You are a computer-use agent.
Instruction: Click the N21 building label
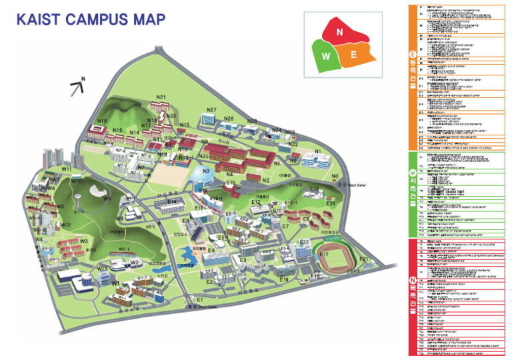pyautogui.click(x=161, y=98)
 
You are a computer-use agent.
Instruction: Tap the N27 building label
pyautogui.click(x=212, y=110)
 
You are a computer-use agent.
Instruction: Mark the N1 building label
pyautogui.click(x=318, y=151)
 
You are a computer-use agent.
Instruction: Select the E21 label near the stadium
pyautogui.click(x=364, y=259)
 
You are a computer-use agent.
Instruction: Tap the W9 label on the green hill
pyautogui.click(x=107, y=198)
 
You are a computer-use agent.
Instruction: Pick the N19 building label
pyautogui.click(x=101, y=121)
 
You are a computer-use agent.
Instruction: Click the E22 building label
pyautogui.click(x=304, y=242)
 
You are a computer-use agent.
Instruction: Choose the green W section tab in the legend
pyautogui.click(x=412, y=194)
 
